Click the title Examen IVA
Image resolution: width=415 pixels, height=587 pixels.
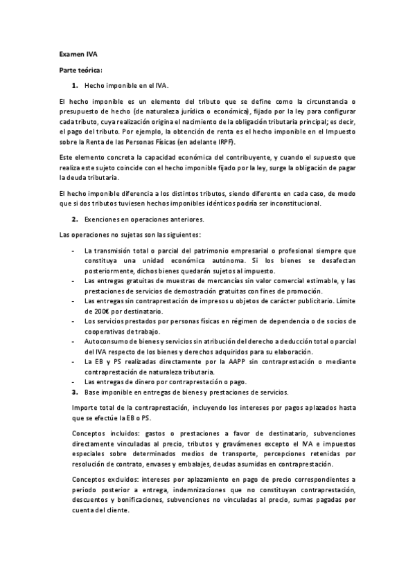(72, 53)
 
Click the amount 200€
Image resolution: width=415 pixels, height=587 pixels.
(92, 311)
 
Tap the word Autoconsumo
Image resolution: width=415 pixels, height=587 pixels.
(105, 342)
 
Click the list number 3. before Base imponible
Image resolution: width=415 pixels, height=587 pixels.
(75, 392)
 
